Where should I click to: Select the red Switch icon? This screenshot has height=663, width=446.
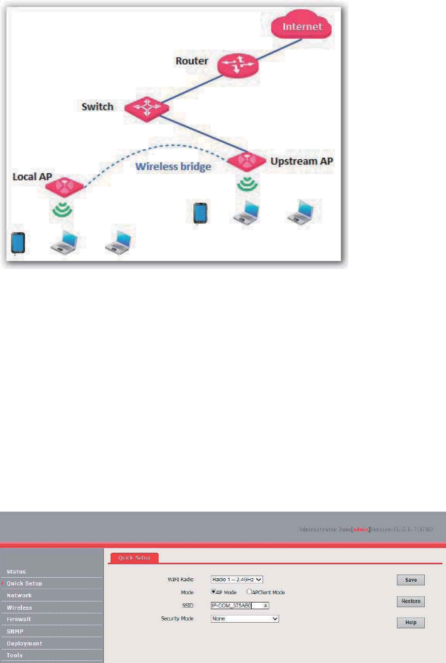(x=145, y=107)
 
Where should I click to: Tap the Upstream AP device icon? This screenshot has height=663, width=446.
(x=247, y=161)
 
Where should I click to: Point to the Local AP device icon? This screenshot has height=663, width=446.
(x=64, y=186)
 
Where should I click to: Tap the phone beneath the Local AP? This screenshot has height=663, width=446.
(x=18, y=243)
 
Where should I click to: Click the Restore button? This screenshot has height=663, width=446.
(x=411, y=601)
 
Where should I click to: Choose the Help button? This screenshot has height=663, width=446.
(x=411, y=623)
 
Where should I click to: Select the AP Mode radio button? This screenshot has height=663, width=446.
(x=213, y=592)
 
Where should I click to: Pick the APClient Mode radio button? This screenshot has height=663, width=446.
(x=249, y=592)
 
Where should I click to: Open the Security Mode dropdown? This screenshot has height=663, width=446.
(x=245, y=618)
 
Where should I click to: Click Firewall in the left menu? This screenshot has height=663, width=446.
(x=20, y=619)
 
